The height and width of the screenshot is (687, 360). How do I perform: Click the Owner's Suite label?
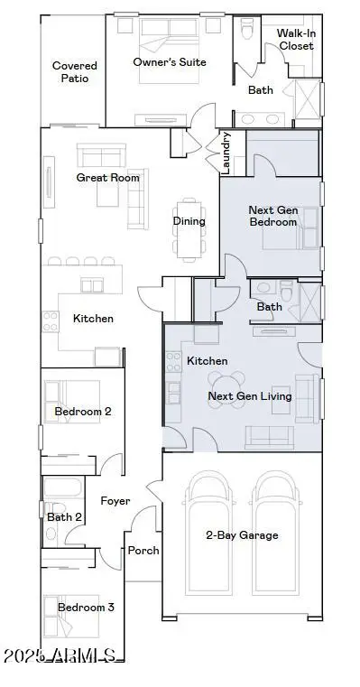[x=170, y=62]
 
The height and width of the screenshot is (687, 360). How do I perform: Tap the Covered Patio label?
[x=75, y=72]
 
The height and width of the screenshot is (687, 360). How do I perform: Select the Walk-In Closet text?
[x=297, y=40]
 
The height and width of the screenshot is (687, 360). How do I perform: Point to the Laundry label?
[x=226, y=153]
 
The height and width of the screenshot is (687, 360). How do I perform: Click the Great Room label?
[x=107, y=178]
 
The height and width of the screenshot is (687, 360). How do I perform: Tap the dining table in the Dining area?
[x=189, y=230]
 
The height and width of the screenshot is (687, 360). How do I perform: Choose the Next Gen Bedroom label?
[x=273, y=216]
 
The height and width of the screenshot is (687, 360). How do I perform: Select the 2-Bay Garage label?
[x=242, y=535]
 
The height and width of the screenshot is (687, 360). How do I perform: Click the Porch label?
[x=143, y=551]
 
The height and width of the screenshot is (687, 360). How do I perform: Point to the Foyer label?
[x=115, y=501]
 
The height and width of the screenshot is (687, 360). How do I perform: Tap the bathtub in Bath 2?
[x=63, y=487]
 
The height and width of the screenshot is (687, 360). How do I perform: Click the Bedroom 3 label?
[x=86, y=608]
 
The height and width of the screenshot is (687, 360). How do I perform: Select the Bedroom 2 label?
[x=83, y=412]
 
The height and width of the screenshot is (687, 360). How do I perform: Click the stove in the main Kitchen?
[x=51, y=321]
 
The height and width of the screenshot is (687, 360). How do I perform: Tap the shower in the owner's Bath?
[x=308, y=99]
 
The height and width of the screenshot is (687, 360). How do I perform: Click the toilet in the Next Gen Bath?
[x=287, y=291]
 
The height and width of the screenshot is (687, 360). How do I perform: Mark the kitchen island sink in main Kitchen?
[x=92, y=285]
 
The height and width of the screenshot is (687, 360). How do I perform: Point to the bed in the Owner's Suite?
[x=169, y=51]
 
